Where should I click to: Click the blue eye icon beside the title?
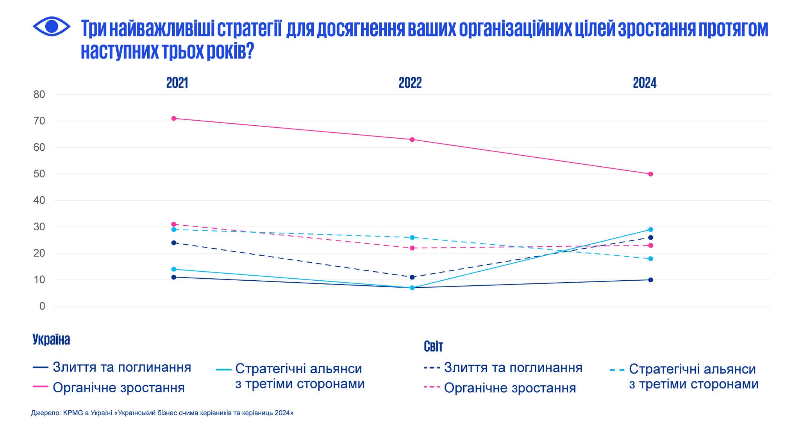coord(52,27)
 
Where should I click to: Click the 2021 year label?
coord(177,83)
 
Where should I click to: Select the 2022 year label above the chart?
coord(410,83)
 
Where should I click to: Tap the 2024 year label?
coord(645,83)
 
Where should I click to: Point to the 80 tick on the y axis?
coord(39,94)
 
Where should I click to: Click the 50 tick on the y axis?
coord(39,174)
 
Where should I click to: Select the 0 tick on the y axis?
coord(42,306)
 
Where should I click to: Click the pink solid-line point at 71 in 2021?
coord(174,118)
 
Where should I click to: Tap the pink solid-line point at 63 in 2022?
coord(412,140)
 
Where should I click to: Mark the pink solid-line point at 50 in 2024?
coord(650,174)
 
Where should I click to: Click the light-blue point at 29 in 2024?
coord(650,230)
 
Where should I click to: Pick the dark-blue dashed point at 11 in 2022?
coord(412,277)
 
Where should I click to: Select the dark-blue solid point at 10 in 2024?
coord(650,280)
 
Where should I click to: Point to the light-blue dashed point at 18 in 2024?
coord(650,259)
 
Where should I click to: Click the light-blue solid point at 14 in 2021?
coord(174,269)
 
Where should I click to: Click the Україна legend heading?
coord(51,340)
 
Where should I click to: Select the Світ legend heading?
coord(433,346)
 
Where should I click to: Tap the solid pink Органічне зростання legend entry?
coord(118,388)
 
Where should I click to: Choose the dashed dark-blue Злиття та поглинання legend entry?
coord(513,368)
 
